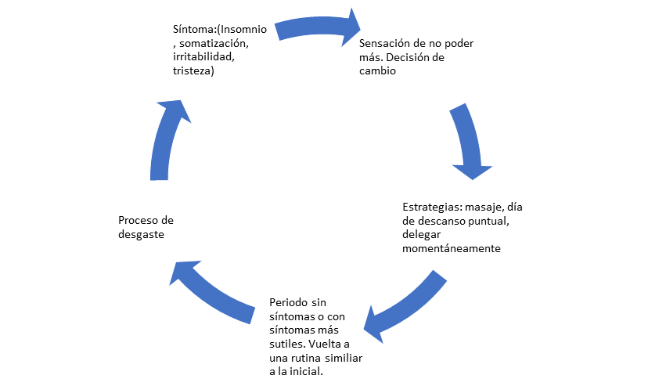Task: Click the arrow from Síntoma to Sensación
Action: point(317,23)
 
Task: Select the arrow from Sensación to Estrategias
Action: point(467,141)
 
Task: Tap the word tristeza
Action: point(192,71)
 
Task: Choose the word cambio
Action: point(378,71)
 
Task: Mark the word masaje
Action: point(486,207)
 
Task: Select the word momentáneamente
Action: point(452,249)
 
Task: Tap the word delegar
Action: point(423,235)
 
